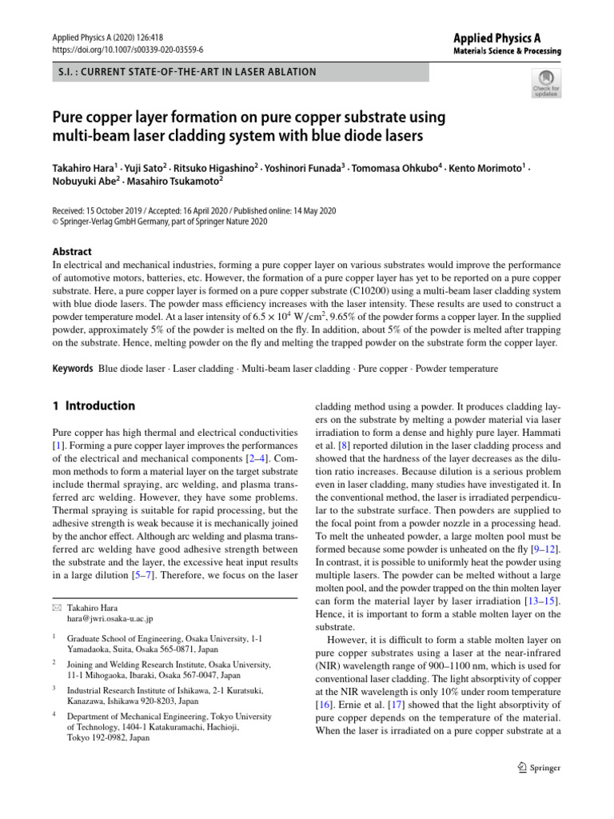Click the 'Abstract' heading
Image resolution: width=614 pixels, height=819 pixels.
click(72, 251)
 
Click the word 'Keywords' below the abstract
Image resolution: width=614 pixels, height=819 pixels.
click(72, 369)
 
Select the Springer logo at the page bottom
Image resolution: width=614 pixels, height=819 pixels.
click(540, 768)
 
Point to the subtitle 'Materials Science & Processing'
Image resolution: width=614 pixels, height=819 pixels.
click(508, 51)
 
